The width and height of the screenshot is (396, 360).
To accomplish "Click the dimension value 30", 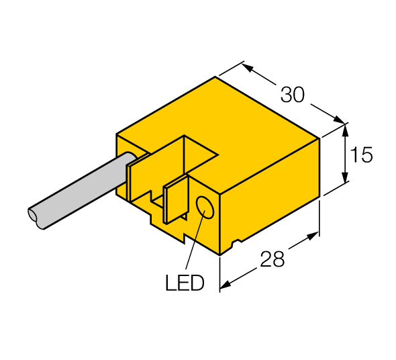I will click(292, 95).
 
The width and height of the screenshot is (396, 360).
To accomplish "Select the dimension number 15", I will click(362, 155).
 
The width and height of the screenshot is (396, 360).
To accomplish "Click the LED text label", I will click(184, 283).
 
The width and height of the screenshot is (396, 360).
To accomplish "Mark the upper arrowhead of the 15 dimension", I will click(346, 128).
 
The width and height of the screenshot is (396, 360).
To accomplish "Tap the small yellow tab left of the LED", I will click(176, 200).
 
